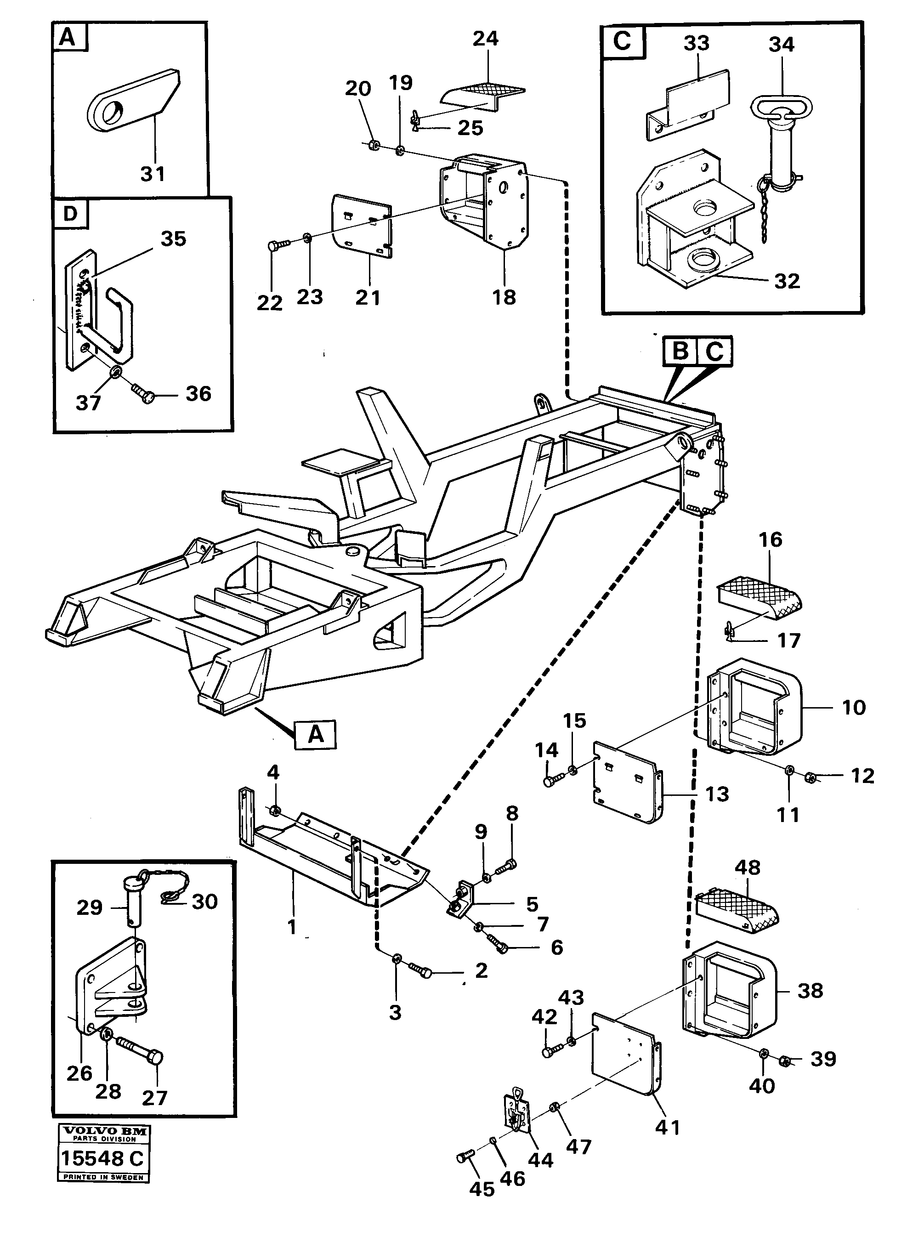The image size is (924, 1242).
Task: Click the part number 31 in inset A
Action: (153, 174)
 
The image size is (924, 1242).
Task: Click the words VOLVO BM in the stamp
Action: (104, 1131)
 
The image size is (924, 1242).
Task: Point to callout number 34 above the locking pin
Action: (782, 45)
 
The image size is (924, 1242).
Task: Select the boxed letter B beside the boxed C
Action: (680, 351)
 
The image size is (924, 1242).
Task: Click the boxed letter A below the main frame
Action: (316, 734)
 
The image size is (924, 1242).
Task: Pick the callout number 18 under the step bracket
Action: (504, 297)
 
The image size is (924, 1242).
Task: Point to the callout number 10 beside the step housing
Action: (854, 708)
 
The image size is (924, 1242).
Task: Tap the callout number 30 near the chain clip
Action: (204, 902)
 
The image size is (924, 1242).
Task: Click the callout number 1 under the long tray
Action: (291, 927)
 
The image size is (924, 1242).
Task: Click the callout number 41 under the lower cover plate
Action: (667, 1128)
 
